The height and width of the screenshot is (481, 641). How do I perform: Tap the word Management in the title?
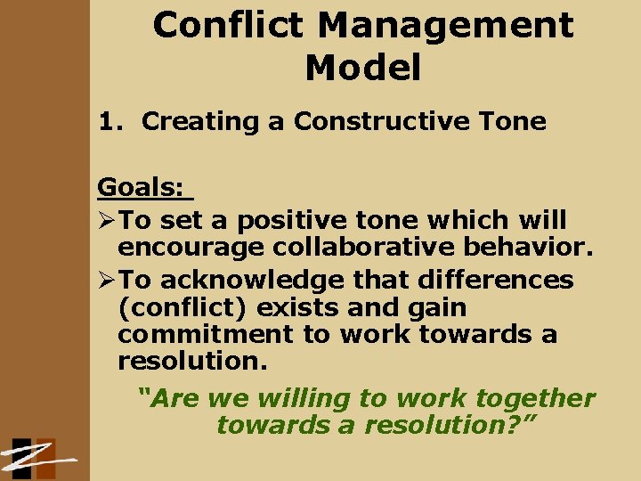coord(446,25)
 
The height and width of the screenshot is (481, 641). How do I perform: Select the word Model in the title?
coord(362,68)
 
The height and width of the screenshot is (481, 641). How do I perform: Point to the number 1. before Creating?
coord(110,121)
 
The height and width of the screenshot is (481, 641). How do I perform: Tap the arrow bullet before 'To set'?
coord(107,219)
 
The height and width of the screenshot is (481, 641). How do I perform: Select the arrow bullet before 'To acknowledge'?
coord(107,280)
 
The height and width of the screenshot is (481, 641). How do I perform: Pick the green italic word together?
coord(535,398)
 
